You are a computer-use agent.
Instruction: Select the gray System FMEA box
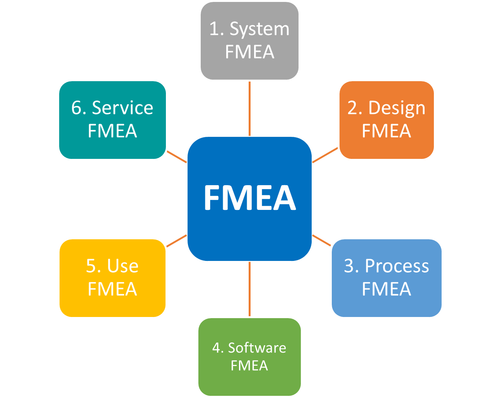(x=249, y=41)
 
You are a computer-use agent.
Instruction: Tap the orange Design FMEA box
(x=387, y=120)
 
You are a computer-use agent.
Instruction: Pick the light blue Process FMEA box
(x=387, y=278)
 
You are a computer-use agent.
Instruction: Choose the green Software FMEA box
(x=249, y=356)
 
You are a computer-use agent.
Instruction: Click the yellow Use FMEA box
(x=113, y=278)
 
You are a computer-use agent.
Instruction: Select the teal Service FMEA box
(x=113, y=120)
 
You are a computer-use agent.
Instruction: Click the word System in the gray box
(x=259, y=29)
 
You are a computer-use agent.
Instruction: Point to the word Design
(x=397, y=108)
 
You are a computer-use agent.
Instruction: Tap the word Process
(x=397, y=266)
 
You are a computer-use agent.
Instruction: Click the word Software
(x=257, y=348)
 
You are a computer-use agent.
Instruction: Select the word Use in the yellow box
(x=123, y=266)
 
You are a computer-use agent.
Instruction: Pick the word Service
(x=123, y=108)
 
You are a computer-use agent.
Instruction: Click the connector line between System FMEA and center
(x=249, y=108)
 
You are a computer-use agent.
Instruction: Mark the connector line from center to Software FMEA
(x=249, y=289)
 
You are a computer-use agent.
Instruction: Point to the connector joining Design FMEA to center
(x=325, y=155)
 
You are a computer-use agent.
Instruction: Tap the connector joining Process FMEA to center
(x=322, y=240)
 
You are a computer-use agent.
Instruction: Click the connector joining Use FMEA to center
(x=177, y=240)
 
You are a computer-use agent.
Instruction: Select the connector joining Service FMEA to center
(x=177, y=157)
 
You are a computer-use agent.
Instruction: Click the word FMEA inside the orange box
(x=386, y=131)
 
